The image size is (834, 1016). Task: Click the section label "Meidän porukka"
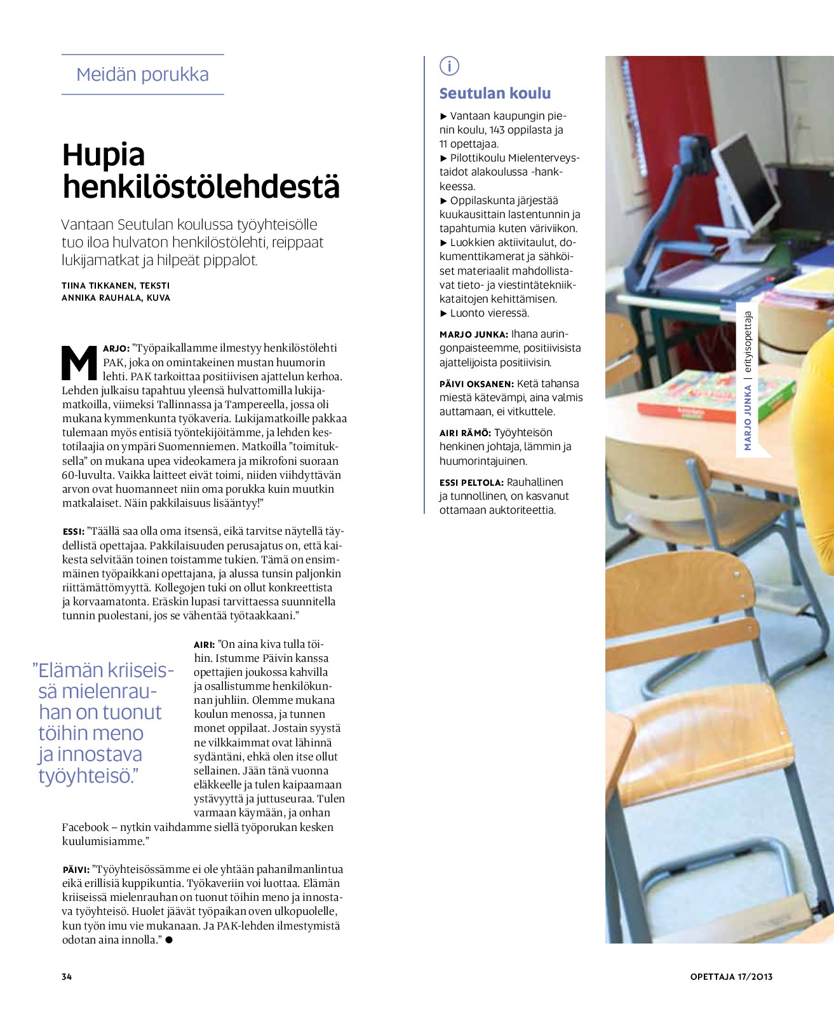tap(142, 74)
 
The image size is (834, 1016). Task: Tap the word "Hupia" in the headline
tap(104, 154)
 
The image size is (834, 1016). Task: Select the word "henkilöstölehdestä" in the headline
tap(201, 186)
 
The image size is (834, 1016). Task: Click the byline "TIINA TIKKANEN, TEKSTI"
tap(116, 285)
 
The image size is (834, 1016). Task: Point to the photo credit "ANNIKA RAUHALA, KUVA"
tap(116, 298)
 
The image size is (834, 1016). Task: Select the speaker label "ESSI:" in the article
tap(73, 532)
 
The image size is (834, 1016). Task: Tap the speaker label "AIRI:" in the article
tap(204, 645)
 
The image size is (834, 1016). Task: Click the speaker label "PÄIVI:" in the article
tap(76, 870)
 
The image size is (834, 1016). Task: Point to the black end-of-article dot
tap(169, 940)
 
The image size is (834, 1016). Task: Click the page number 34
tap(67, 977)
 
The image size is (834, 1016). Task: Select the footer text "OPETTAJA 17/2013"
tap(731, 977)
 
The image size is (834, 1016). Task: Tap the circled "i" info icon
tap(449, 65)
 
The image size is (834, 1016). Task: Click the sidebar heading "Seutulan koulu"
tap(495, 93)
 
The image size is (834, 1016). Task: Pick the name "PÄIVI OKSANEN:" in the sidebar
tap(476, 384)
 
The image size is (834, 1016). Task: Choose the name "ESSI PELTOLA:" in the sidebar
tap(471, 483)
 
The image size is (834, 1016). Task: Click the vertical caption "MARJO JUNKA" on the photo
tap(748, 417)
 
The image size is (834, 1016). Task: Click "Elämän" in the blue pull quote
tap(71, 671)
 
